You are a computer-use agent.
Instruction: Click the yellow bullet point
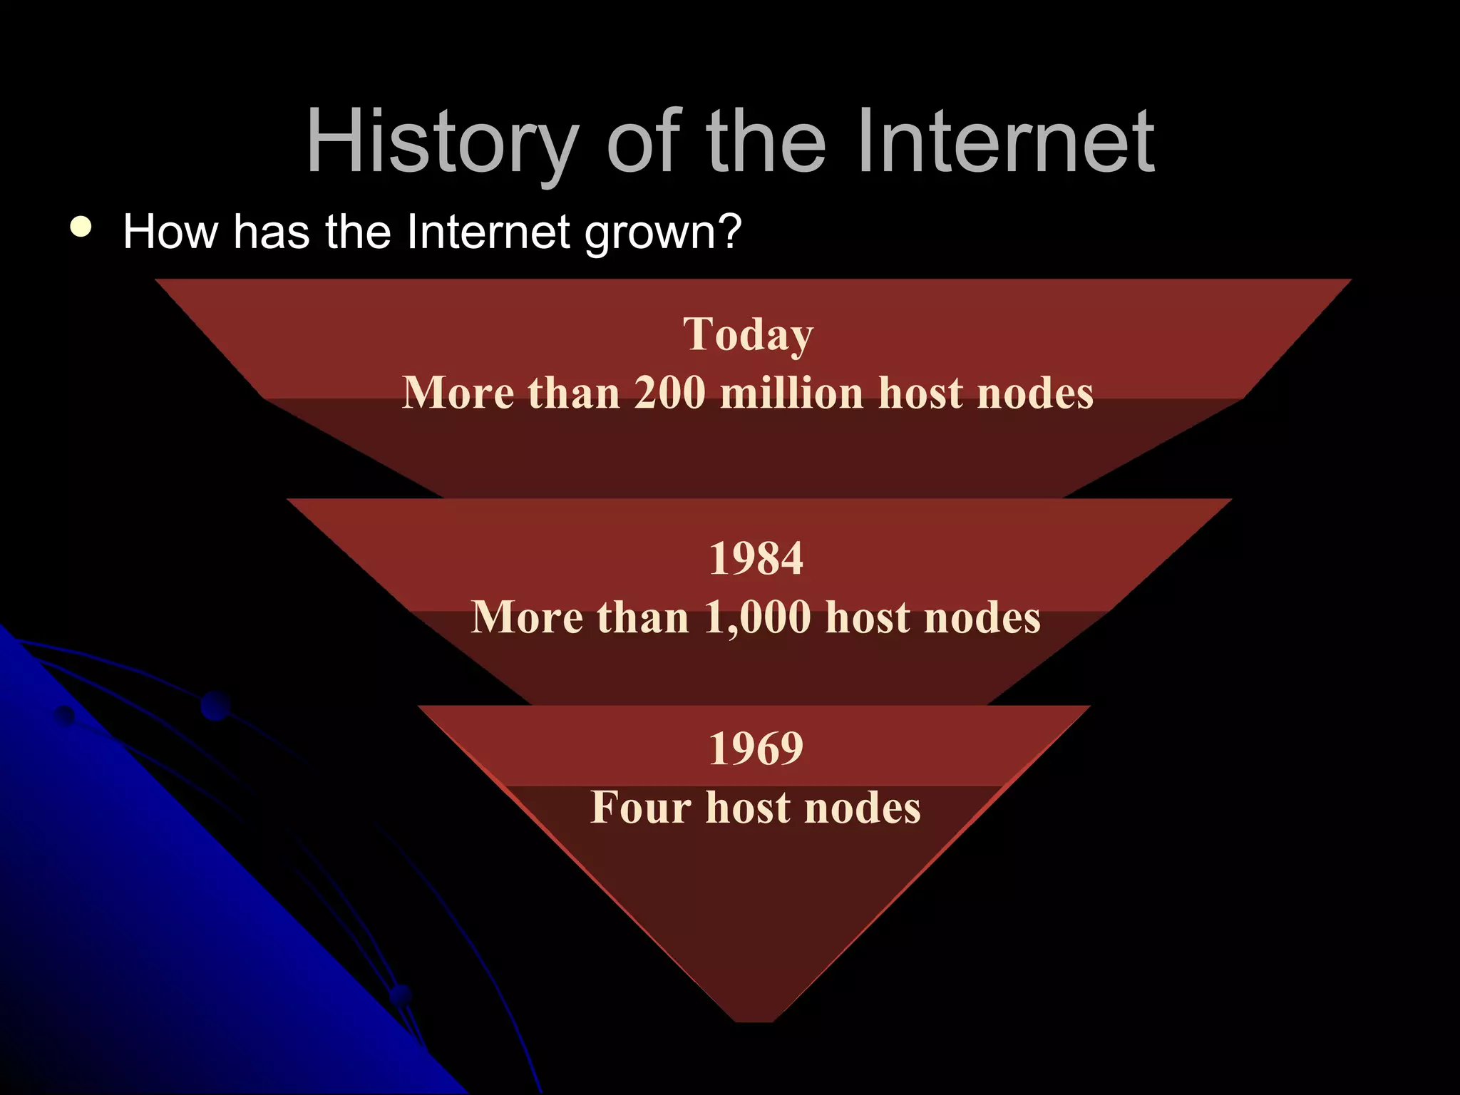click(81, 227)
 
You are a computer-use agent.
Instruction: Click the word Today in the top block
click(748, 334)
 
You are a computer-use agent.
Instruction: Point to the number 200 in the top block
click(669, 393)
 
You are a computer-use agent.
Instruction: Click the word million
click(792, 393)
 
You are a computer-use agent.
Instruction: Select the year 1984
click(756, 558)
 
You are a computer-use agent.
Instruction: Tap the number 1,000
click(758, 617)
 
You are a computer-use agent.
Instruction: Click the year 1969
click(756, 749)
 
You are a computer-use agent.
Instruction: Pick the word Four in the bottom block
click(641, 808)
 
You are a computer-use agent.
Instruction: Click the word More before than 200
click(458, 393)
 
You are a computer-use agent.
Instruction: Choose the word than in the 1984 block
click(643, 617)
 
